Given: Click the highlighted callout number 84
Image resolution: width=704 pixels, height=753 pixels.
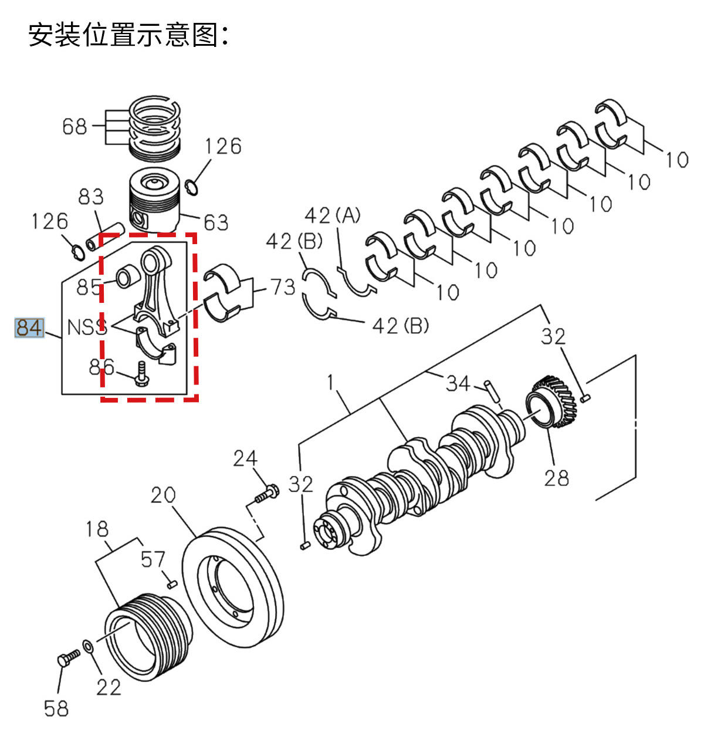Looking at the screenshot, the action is (29, 328).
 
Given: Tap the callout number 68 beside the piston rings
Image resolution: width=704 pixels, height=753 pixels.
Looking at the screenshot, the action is (75, 126).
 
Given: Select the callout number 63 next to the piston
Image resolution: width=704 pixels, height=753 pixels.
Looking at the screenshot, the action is (216, 222).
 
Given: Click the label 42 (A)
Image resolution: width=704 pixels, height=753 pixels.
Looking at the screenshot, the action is (333, 215).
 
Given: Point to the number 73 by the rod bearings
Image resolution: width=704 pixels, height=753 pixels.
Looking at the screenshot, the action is (282, 287).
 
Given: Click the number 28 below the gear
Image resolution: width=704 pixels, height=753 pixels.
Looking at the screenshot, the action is (557, 478).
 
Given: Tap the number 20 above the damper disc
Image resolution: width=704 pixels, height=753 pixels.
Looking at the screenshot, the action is (163, 495).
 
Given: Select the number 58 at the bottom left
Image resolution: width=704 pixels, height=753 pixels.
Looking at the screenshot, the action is (56, 708).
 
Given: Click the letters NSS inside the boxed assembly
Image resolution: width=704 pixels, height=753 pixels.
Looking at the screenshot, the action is (87, 327).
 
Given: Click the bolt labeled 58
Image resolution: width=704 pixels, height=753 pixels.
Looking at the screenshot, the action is (68, 658).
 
